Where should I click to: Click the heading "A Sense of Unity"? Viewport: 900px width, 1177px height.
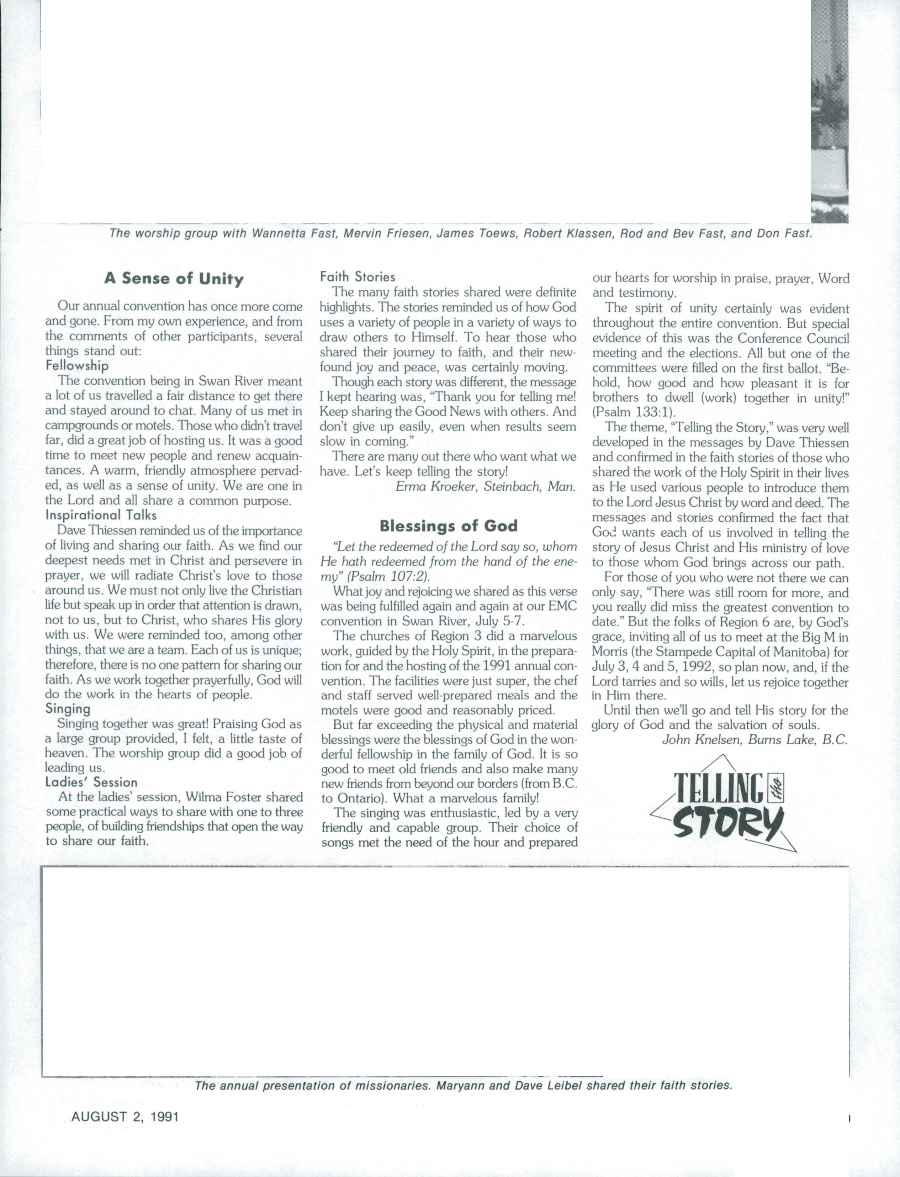[x=174, y=279]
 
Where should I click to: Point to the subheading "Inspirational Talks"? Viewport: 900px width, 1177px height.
[x=101, y=515]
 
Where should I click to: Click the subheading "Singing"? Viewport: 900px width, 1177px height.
[x=68, y=709]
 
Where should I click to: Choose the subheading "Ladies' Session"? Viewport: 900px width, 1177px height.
[x=91, y=782]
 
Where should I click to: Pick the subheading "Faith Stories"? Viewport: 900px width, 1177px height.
[x=357, y=277]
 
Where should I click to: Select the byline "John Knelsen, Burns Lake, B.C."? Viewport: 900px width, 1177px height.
[x=755, y=740]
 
